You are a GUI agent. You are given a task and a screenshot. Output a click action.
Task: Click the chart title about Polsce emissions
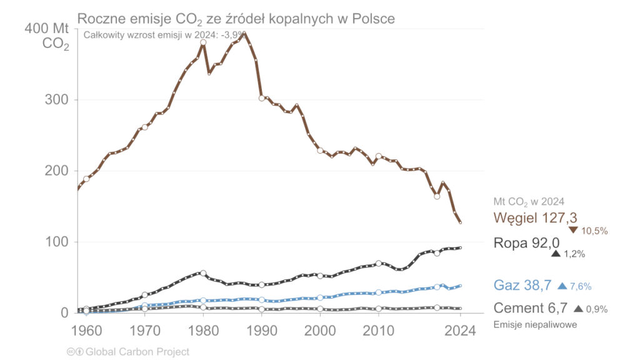[236, 19]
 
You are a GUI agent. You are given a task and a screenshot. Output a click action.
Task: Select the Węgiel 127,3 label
[535, 217]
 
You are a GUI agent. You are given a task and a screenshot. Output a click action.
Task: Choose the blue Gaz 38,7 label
[522, 286]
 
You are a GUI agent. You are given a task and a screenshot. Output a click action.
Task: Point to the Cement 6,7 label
[528, 308]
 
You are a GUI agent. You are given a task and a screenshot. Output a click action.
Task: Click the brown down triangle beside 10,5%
[573, 230]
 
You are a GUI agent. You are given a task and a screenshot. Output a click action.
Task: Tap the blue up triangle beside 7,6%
[562, 286]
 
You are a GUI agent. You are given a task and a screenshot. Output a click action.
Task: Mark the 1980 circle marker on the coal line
[203, 42]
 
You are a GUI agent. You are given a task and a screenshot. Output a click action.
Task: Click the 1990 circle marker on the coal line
[262, 98]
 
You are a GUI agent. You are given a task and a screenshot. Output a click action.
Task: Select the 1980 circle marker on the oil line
[203, 273]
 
